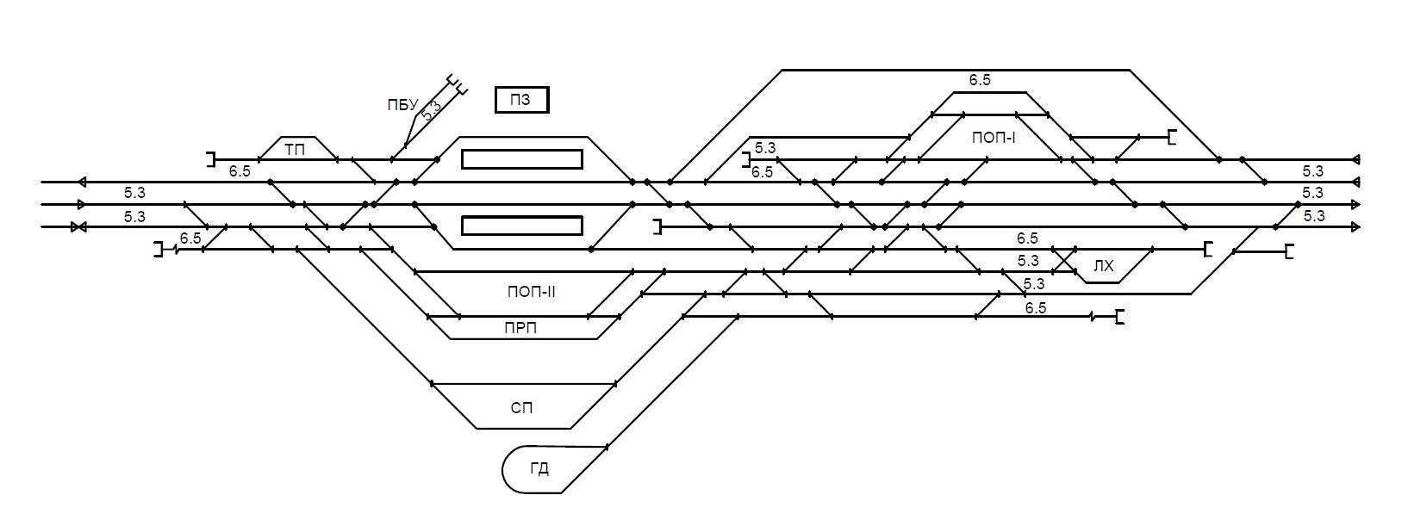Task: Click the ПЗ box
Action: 521,101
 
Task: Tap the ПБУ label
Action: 402,106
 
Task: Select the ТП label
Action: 295,150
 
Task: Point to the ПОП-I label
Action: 994,137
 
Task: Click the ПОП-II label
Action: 531,292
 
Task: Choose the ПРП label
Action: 521,328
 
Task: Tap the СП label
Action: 521,407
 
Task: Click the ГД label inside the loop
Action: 539,469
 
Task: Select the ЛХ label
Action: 1103,267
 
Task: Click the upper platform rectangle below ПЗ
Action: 521,159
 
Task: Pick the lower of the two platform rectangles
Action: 521,226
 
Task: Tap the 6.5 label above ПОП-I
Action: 980,80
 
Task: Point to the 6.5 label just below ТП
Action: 240,171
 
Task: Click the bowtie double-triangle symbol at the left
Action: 79,227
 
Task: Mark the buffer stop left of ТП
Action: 210,159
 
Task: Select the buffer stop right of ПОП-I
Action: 1171,137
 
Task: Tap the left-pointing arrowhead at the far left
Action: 82,182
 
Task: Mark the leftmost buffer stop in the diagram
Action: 159,250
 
